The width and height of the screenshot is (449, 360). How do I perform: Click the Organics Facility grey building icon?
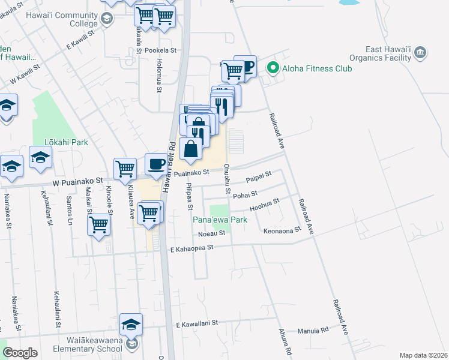(421, 53)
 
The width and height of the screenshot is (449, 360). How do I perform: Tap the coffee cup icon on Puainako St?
(157, 164)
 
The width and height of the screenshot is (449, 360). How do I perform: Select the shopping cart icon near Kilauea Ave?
(125, 169)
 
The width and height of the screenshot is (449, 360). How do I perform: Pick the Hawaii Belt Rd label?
(170, 157)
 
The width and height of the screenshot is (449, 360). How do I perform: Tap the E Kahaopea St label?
(191, 248)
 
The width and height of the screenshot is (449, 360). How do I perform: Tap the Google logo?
(20, 353)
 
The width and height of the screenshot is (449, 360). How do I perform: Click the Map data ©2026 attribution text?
(423, 355)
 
